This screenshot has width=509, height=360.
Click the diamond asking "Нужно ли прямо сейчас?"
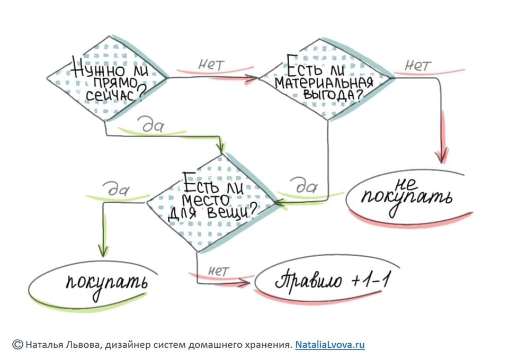click(106, 78)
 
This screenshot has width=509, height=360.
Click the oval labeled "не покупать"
click(406, 194)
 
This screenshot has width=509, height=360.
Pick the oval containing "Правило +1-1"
click(332, 281)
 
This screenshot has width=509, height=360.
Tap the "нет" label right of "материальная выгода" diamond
click(418, 65)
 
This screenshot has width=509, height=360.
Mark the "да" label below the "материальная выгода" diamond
click(305, 187)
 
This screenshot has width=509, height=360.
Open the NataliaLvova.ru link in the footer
click(330, 345)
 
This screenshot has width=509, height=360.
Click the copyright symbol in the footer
click(17, 345)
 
